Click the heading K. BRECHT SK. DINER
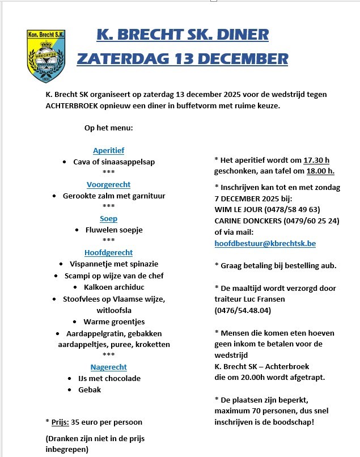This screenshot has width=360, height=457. [x=183, y=35]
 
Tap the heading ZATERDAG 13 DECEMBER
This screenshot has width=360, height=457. [x=182, y=58]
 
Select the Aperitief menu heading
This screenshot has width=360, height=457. [x=108, y=151]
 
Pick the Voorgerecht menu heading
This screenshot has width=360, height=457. [x=108, y=185]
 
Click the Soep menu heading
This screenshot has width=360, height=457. [x=108, y=219]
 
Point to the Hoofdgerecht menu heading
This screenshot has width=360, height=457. [x=108, y=253]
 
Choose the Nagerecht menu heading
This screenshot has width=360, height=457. [x=108, y=367]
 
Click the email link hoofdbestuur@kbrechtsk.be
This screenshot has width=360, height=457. [x=265, y=243]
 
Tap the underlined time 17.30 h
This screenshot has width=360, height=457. [x=316, y=160]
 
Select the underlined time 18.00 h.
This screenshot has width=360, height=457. [x=320, y=171]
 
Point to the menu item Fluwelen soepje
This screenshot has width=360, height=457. [x=114, y=230]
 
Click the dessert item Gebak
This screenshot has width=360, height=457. [x=89, y=390]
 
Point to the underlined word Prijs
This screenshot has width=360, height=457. [x=60, y=422]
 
